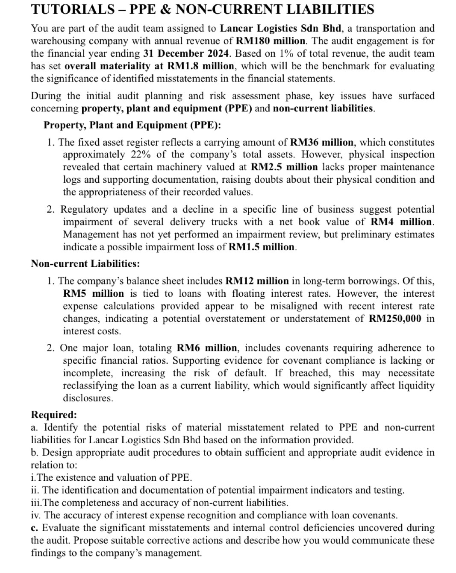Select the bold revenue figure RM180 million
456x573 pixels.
click(271, 41)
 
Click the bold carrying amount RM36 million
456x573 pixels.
click(321, 142)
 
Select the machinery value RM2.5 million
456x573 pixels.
click(284, 167)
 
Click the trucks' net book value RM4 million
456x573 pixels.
click(401, 222)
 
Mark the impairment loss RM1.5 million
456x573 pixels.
click(262, 247)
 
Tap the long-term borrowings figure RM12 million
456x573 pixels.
click(257, 281)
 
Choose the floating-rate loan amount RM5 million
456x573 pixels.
click(93, 294)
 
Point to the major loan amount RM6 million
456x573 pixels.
click(206, 348)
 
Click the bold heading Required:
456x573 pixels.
click(54, 415)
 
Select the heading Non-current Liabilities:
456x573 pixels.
click(85, 264)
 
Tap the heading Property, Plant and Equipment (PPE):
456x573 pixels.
click(132, 125)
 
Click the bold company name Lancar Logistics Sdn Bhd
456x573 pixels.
click(281, 29)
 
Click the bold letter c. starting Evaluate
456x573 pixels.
click(35, 528)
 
